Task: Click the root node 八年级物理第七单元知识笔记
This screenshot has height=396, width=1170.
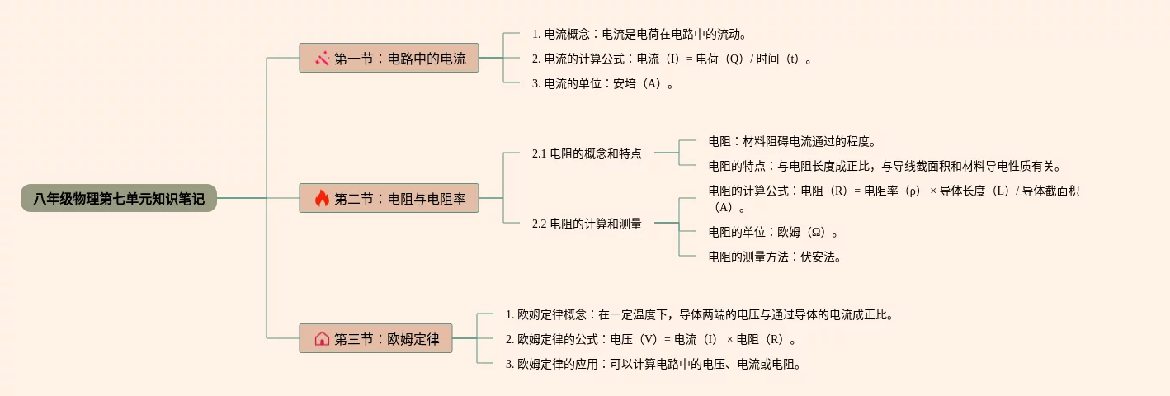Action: tap(119, 198)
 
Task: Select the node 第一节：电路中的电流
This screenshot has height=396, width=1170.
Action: tap(389, 59)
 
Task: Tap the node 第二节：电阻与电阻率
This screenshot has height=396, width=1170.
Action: tap(389, 198)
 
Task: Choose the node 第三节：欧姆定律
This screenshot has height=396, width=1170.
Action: tap(375, 338)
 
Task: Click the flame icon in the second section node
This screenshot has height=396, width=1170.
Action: tap(322, 198)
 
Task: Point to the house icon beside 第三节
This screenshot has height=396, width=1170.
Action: tap(322, 338)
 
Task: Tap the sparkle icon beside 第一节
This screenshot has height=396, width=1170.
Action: tap(322, 59)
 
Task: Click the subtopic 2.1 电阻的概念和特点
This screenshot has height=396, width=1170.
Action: tap(587, 153)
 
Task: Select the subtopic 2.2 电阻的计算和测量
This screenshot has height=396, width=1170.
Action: tap(587, 224)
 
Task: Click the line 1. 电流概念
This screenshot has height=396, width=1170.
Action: tap(639, 34)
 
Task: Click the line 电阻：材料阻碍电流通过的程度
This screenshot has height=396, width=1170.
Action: tap(792, 141)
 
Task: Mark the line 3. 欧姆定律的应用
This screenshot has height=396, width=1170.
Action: tap(654, 364)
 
